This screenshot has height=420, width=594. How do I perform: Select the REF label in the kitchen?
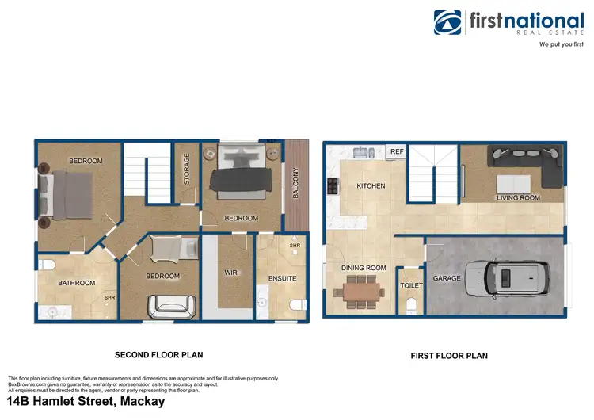click(x=396, y=151)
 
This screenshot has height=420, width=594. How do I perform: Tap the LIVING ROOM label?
click(x=518, y=197)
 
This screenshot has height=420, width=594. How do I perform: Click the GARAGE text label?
click(x=447, y=279)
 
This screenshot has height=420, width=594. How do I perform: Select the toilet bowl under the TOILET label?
click(x=411, y=306)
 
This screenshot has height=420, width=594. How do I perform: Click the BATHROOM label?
click(x=76, y=283)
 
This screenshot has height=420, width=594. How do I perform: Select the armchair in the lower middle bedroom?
click(x=173, y=304)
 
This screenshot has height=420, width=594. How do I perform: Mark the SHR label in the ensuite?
click(x=294, y=246)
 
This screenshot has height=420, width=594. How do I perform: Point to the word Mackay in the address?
click(x=141, y=401)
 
